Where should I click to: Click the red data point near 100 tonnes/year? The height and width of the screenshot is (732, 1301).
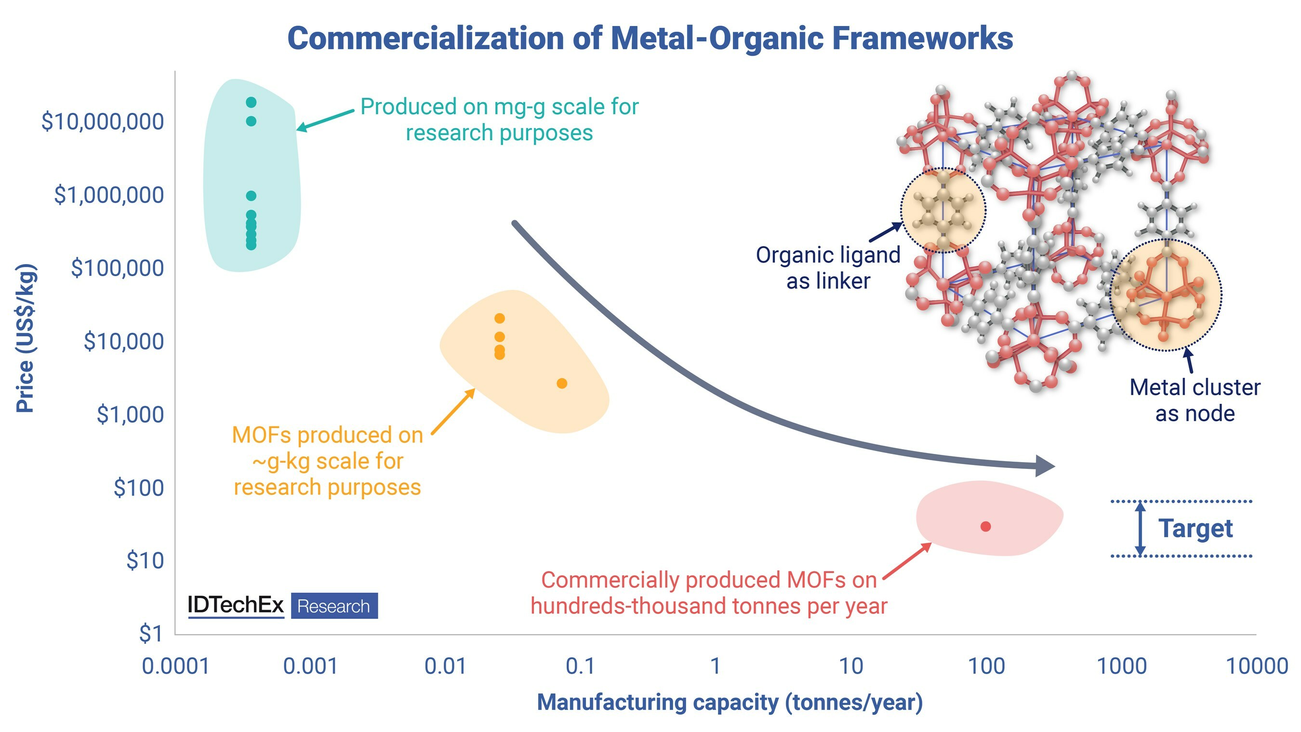tap(985, 526)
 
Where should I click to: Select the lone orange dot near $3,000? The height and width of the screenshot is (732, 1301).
tap(562, 384)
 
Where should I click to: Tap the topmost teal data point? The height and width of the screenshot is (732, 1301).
tap(251, 103)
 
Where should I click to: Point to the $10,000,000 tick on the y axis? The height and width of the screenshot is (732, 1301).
tap(103, 122)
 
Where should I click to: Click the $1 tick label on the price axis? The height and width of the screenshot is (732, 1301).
tap(151, 634)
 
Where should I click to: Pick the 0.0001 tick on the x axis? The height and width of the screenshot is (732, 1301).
tap(175, 666)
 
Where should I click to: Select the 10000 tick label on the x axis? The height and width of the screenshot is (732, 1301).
tap(1257, 666)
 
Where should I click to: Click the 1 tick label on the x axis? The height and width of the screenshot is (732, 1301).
tap(715, 666)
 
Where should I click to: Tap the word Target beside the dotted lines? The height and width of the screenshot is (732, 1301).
tap(1195, 529)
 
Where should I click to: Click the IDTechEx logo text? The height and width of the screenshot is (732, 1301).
tap(236, 605)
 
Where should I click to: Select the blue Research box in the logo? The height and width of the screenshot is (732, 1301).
tap(334, 606)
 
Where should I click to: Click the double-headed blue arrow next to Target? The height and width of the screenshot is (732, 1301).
tap(1140, 529)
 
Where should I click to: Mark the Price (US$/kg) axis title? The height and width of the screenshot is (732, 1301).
tap(25, 338)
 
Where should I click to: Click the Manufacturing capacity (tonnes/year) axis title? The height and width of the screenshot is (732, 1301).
tap(730, 703)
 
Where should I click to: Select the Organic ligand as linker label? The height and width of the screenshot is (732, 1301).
tap(828, 268)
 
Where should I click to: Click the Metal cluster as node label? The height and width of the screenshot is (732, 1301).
tap(1195, 400)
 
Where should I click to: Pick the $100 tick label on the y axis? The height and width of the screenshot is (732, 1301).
tap(139, 488)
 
